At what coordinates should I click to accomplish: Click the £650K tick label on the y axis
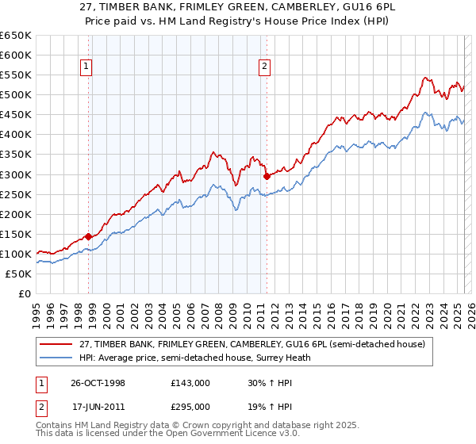[x=16, y=36]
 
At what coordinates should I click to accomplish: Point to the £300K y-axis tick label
[x=16, y=174]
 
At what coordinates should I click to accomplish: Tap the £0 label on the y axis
[x=25, y=293]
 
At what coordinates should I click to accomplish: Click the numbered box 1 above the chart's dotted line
[x=86, y=67]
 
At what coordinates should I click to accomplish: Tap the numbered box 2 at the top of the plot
[x=264, y=67]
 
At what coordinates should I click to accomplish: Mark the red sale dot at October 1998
[x=89, y=236]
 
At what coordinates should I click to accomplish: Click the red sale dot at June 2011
[x=266, y=176]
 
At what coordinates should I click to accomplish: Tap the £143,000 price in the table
[x=190, y=382]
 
